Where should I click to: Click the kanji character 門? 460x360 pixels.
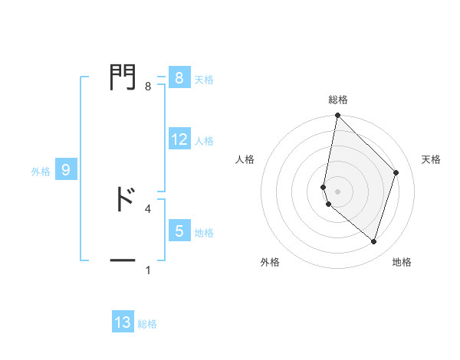click(x=123, y=77)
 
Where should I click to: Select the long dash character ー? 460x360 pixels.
click(x=123, y=261)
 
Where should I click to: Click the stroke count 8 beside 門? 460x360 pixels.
click(x=147, y=87)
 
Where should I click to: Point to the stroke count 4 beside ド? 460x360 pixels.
click(x=147, y=208)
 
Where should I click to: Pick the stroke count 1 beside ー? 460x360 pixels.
click(x=147, y=270)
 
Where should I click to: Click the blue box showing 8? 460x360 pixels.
click(x=179, y=78)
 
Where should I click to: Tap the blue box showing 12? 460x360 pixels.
click(x=179, y=140)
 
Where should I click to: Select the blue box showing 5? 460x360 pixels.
click(x=179, y=230)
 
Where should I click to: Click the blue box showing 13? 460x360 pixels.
click(x=123, y=322)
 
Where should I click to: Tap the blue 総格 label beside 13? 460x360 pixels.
click(x=147, y=324)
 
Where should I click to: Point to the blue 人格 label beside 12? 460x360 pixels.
click(x=204, y=141)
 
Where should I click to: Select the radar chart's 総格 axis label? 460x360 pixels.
click(x=338, y=100)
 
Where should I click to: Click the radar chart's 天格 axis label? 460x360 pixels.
click(x=432, y=159)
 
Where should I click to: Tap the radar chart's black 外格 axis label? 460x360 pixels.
click(x=270, y=262)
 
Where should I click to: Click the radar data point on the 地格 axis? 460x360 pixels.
click(x=373, y=242)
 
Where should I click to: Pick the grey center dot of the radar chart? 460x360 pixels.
click(x=338, y=191)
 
